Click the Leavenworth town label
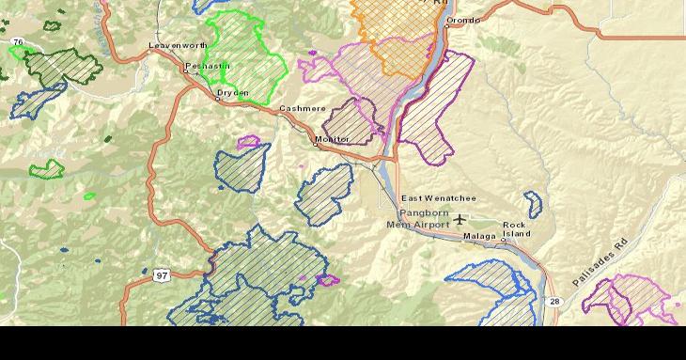tap(177, 45)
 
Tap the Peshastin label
tap(207, 66)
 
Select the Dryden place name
tap(233, 93)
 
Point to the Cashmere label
tap(302, 109)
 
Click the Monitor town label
tap(332, 139)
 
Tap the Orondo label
tap(462, 20)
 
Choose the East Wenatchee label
tap(439, 198)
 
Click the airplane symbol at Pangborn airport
tap(459, 220)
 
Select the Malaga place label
tap(479, 237)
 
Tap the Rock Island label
tap(515, 229)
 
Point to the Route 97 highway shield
tap(162, 275)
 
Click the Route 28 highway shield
tap(554, 301)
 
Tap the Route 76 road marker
tap(18, 42)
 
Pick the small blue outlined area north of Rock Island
tap(533, 203)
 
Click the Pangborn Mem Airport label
tap(419, 219)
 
